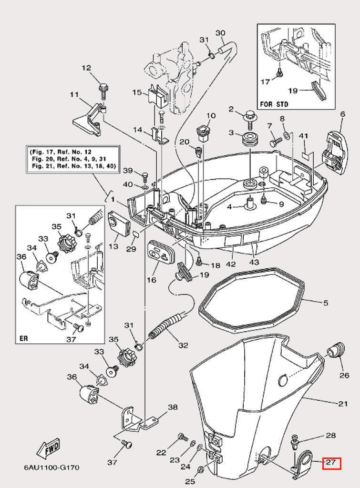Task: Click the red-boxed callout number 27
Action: (331, 463)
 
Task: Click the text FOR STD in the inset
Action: (274, 103)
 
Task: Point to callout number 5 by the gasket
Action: (326, 302)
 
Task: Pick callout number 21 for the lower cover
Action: (343, 404)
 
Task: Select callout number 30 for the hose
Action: (220, 33)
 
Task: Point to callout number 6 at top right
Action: (342, 114)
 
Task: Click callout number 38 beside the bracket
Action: (172, 407)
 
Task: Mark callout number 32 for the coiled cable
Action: (183, 345)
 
